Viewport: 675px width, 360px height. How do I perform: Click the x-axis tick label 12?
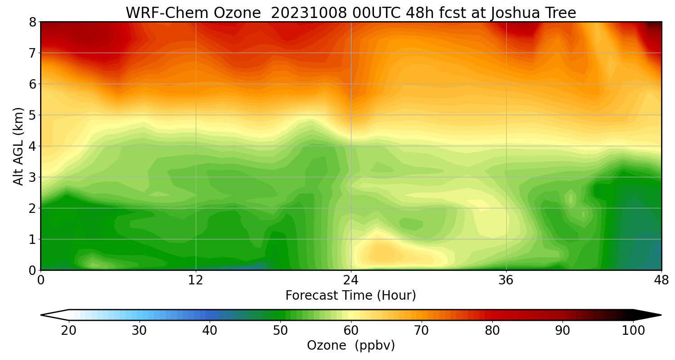click(x=196, y=280)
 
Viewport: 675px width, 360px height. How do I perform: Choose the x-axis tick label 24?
click(x=351, y=280)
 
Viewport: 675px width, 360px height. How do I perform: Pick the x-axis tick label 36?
click(x=506, y=280)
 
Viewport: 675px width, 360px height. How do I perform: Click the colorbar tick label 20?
click(x=69, y=331)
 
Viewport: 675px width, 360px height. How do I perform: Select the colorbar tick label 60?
click(x=351, y=331)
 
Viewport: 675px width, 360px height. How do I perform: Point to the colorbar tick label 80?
click(x=492, y=331)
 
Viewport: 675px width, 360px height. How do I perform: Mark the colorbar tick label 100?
click(x=633, y=331)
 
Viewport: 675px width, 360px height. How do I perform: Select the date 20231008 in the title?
click(x=309, y=13)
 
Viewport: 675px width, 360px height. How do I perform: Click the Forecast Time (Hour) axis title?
click(x=351, y=296)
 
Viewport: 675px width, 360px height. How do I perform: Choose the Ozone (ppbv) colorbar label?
click(x=351, y=346)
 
